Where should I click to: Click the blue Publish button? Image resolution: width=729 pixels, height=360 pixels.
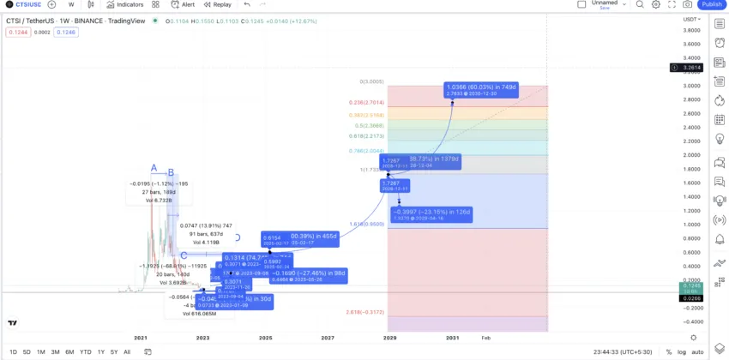point(712,4)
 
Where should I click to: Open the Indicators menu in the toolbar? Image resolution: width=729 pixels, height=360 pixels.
point(125,4)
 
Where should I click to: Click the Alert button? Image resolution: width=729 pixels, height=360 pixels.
point(183,4)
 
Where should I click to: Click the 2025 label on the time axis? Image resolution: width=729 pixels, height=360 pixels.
point(265,339)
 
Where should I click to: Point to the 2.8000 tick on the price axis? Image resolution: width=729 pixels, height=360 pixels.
point(691,99)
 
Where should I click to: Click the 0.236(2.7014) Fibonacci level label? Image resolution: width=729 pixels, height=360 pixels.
point(367,101)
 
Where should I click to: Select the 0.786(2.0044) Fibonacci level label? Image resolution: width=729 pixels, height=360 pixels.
point(366,150)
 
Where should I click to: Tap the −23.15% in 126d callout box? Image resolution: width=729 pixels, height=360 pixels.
point(431,214)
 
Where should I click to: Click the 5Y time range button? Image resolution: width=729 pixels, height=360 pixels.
point(114,352)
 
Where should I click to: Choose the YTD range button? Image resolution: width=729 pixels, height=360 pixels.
point(86,352)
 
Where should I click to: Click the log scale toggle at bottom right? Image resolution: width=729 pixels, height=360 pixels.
point(681,352)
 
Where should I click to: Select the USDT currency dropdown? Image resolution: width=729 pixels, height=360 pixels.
point(691,19)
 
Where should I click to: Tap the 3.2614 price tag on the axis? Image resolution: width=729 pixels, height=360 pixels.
point(690,67)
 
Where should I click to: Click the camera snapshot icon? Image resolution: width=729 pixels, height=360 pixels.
point(687,4)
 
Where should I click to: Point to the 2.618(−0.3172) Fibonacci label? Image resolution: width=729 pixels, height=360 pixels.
point(366,312)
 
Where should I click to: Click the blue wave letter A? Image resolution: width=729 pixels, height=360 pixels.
point(154,168)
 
